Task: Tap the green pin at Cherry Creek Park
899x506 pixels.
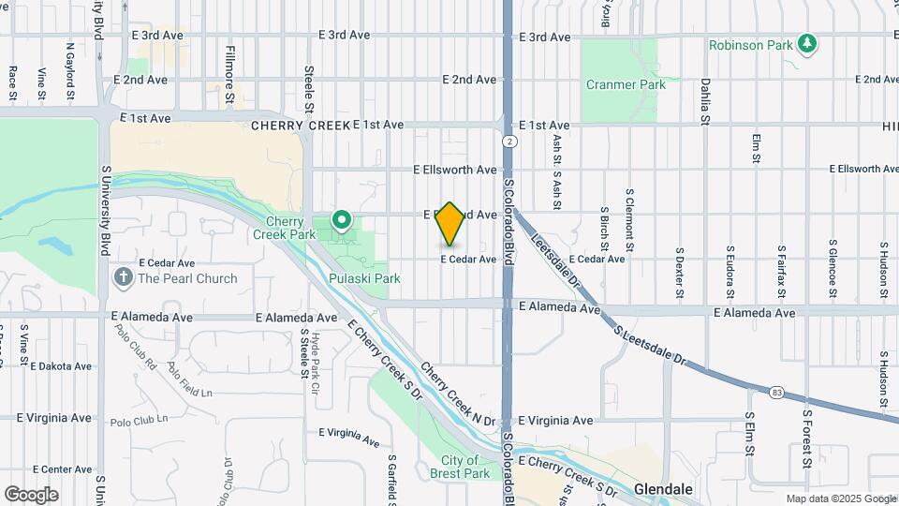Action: (x=343, y=221)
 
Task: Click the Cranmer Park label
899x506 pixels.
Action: (x=626, y=84)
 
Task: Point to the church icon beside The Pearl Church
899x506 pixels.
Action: (x=123, y=277)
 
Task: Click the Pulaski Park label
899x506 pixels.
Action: (x=364, y=278)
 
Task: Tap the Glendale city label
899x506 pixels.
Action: (x=663, y=489)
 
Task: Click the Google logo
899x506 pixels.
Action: (x=31, y=495)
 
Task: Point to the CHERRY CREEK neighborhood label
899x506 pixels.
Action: (x=300, y=125)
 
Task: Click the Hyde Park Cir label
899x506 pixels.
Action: (x=317, y=363)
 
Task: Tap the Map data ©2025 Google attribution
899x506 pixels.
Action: (x=840, y=499)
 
